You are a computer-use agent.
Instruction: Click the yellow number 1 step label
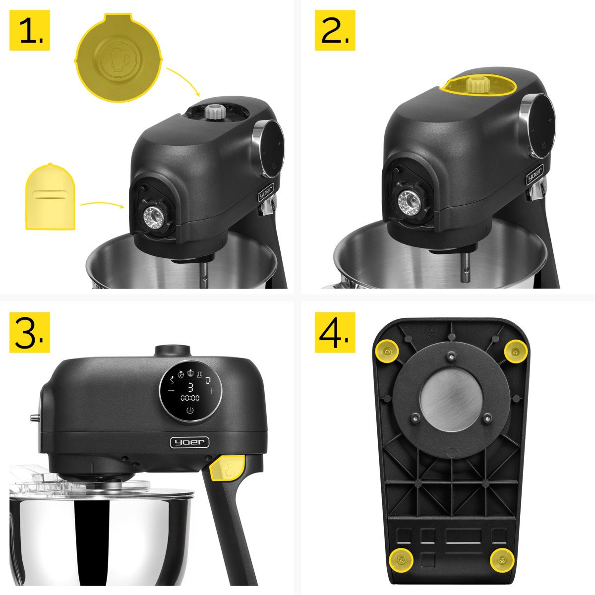(x=30, y=30)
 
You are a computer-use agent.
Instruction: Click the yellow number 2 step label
(x=335, y=30)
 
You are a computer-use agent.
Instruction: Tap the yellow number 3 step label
(x=30, y=332)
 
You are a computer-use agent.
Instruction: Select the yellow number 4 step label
(x=335, y=332)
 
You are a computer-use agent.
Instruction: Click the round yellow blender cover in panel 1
(x=119, y=58)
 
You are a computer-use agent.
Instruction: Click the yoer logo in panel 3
(x=189, y=442)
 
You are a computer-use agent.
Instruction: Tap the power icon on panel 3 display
(x=190, y=411)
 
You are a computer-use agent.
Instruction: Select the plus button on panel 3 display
(x=211, y=391)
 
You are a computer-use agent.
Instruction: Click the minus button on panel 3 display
(x=171, y=391)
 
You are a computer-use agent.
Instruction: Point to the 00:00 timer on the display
(x=190, y=398)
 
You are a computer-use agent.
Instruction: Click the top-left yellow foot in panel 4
(x=387, y=351)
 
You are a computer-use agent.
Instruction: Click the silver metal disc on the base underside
(x=451, y=399)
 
